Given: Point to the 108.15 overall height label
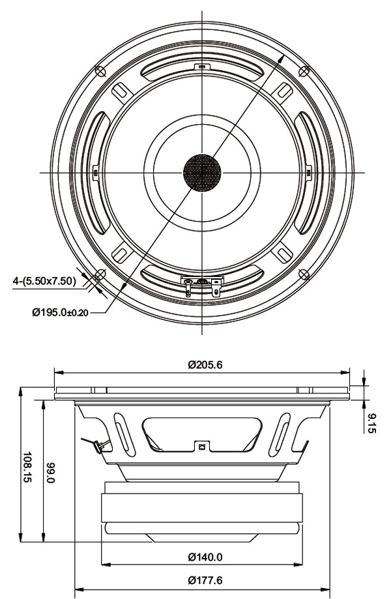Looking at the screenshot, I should tap(28, 465).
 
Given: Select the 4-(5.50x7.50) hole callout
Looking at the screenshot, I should tap(44, 281).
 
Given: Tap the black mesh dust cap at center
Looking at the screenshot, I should tap(202, 172).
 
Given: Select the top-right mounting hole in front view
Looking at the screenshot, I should tap(304, 70).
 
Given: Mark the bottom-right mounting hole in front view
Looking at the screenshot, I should tap(304, 274).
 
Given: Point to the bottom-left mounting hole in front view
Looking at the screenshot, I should tap(100, 274).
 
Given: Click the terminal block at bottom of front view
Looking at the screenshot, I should tap(202, 283).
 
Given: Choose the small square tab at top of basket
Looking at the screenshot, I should tap(202, 66).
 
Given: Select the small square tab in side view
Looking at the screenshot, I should tap(202, 447).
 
